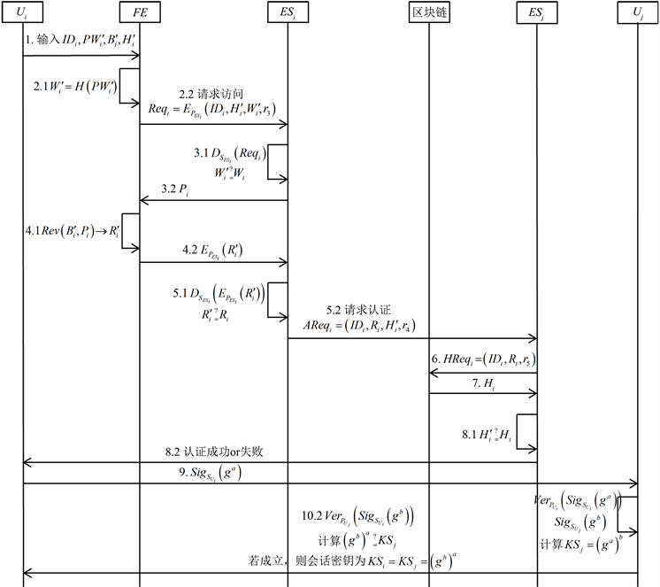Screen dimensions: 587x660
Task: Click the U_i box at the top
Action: coord(24,13)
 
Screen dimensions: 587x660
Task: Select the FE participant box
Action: coord(140,13)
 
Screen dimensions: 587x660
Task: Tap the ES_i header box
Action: coord(288,13)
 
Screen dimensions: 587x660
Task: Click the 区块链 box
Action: coord(429,13)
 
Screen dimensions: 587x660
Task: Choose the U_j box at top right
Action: coord(637,13)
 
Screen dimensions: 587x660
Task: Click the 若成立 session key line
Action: coord(355,560)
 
